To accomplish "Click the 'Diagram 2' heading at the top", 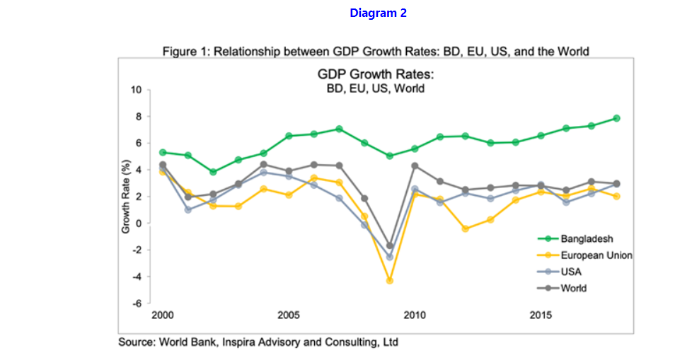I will (378, 13).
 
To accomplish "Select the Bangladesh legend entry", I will (587, 239).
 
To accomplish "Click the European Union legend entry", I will (596, 255).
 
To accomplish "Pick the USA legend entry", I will (571, 272).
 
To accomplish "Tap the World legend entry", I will (574, 288).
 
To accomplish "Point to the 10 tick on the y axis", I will (137, 90).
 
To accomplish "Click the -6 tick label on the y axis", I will (137, 303).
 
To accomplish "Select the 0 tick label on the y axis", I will (139, 223).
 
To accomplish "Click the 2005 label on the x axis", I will (288, 314).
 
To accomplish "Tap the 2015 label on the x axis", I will (541, 314).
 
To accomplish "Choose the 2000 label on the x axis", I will (162, 314).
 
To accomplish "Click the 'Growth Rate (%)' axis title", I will (125, 199).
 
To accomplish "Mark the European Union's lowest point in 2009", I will (389, 281).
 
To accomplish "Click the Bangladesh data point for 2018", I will (616, 118).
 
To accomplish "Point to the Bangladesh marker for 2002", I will (213, 172).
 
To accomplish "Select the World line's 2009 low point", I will (389, 245).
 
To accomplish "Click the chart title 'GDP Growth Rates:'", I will (375, 75).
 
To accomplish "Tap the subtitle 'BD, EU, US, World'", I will (375, 89).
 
